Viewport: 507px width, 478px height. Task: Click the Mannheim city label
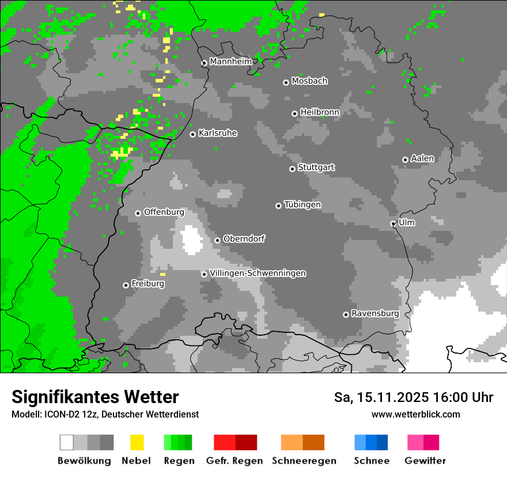pos(230,62)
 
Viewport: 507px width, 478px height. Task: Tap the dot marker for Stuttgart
pos(292,169)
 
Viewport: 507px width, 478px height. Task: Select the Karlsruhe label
pos(217,133)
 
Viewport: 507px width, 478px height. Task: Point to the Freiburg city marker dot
pos(126,285)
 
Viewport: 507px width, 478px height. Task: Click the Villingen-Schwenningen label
pos(258,273)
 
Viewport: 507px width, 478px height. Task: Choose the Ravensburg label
pos(375,313)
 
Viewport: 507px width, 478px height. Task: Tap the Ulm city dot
pos(394,223)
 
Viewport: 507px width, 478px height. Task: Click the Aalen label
pos(422,158)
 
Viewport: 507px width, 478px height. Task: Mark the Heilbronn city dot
pos(294,113)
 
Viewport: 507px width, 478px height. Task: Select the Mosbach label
pos(309,81)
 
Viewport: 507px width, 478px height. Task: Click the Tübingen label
pos(302,204)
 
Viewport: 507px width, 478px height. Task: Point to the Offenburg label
pos(164,212)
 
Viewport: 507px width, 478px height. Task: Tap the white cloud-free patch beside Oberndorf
pos(191,240)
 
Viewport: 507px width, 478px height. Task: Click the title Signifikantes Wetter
pos(95,397)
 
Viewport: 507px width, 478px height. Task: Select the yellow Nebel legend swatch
pos(137,442)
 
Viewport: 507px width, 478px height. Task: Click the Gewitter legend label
pos(425,461)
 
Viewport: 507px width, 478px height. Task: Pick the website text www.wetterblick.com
pos(415,414)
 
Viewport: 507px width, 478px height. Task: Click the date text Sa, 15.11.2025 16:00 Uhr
pos(413,397)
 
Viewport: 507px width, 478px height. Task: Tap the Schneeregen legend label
pos(304,461)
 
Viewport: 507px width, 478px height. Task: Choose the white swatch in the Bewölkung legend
pos(67,442)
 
